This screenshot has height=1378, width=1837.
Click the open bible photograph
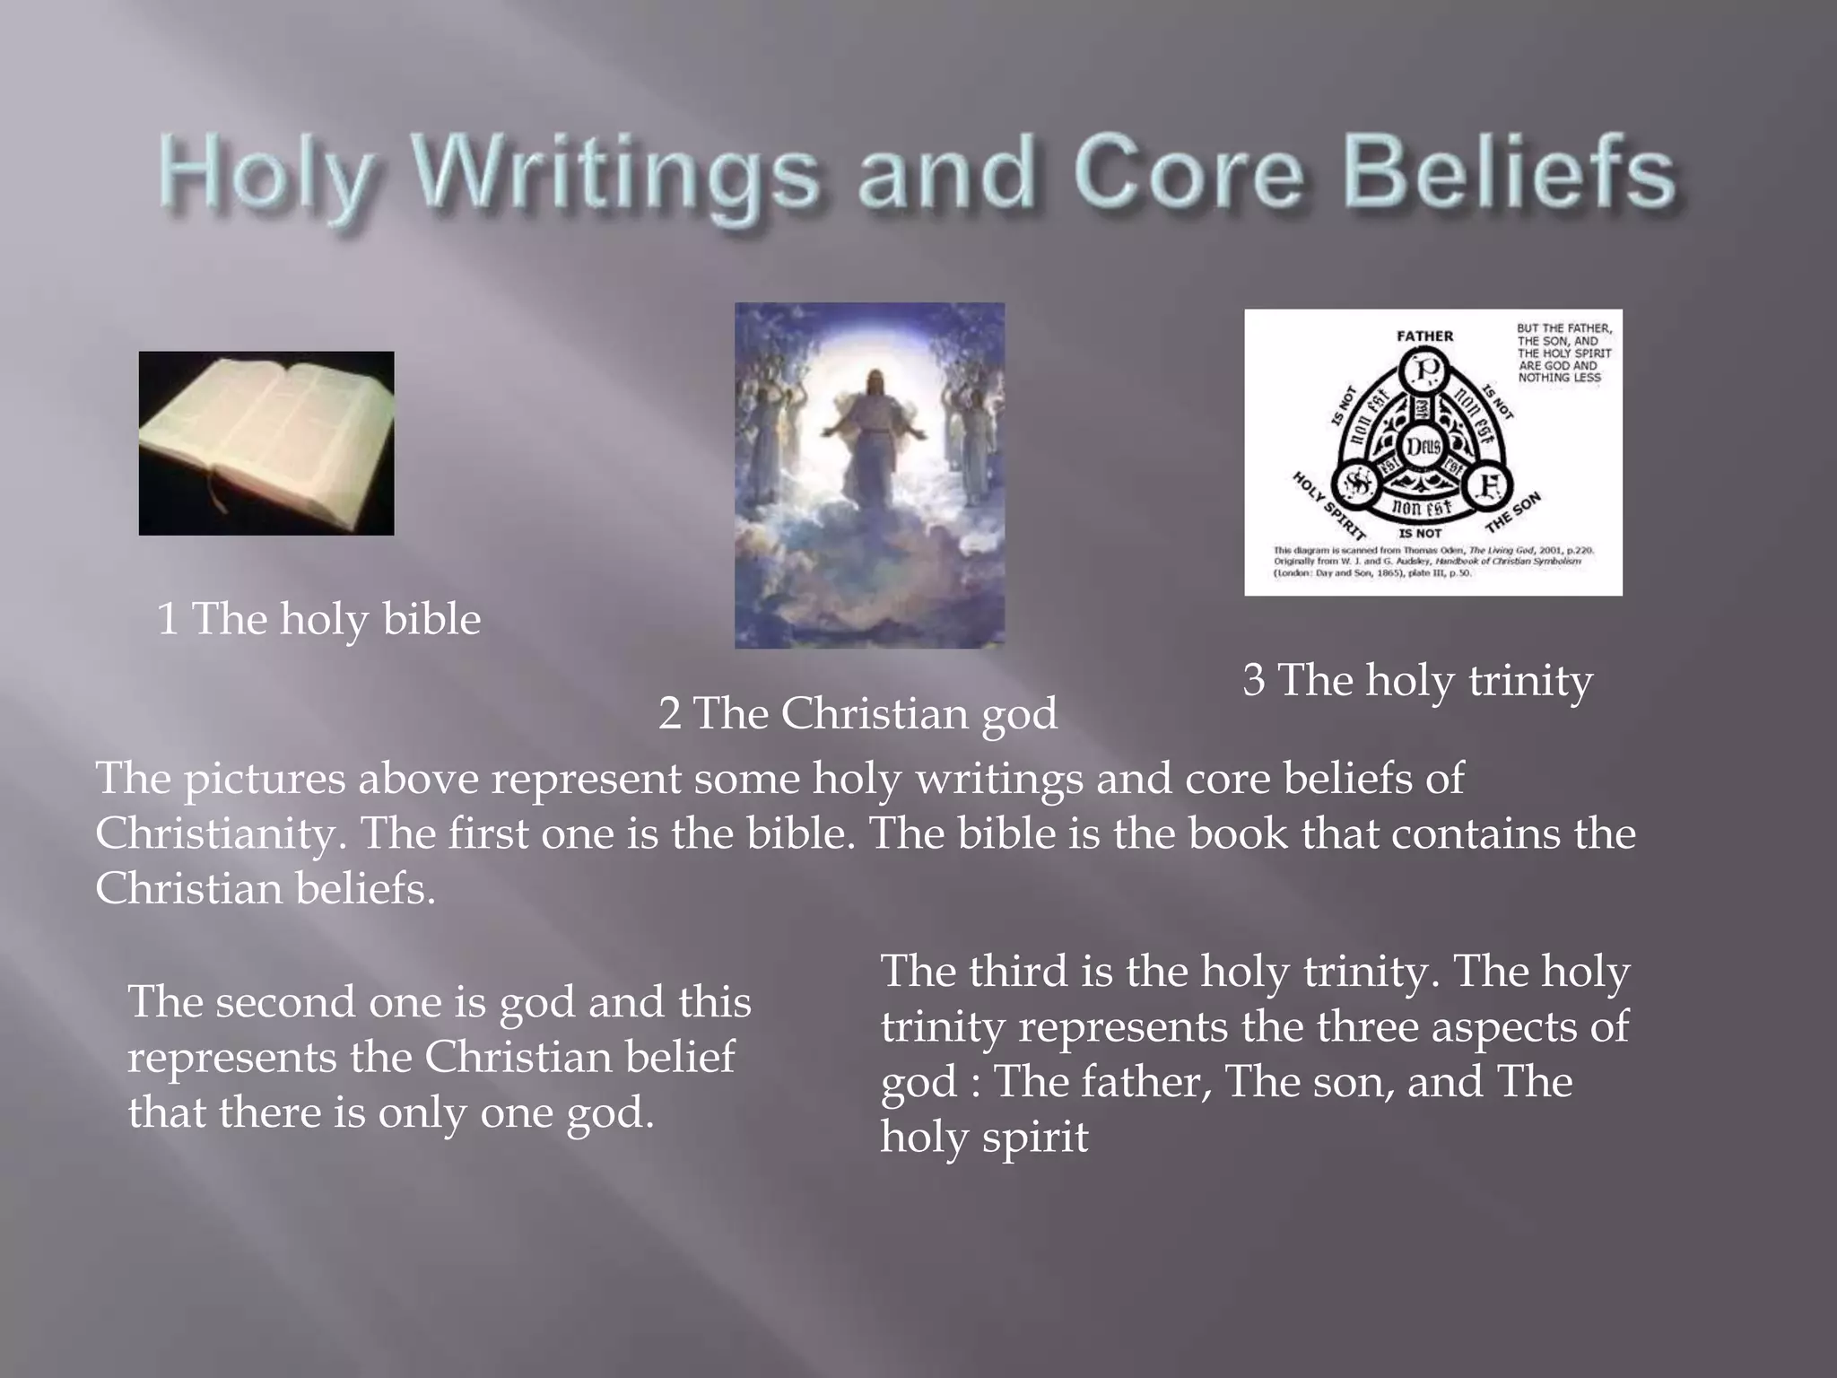(x=266, y=443)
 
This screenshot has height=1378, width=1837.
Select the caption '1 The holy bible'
(x=318, y=619)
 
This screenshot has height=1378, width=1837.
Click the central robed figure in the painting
(x=868, y=440)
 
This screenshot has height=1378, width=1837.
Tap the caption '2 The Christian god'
(x=858, y=714)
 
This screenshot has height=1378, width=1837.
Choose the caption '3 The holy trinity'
(x=1417, y=680)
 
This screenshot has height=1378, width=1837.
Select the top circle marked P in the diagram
(x=1425, y=369)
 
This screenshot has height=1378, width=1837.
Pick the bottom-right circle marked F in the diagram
(x=1489, y=485)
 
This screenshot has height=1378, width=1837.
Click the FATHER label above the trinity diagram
(x=1424, y=336)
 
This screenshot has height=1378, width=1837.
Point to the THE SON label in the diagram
(x=1514, y=512)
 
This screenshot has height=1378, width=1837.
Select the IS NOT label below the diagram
(x=1422, y=533)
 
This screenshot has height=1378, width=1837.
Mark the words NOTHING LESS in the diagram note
(x=1559, y=378)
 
